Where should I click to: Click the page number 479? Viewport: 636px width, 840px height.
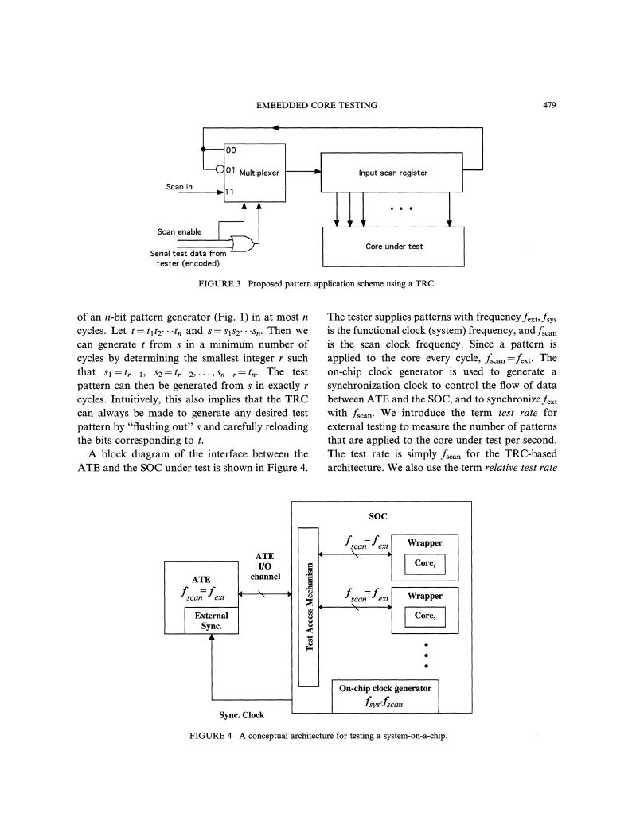[x=549, y=105]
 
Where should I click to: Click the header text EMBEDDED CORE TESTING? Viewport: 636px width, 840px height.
[x=316, y=105]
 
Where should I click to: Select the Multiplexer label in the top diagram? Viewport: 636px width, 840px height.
[x=259, y=173]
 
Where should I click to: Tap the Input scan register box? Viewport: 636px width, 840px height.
[x=392, y=173]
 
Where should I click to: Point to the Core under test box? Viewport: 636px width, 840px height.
[x=393, y=247]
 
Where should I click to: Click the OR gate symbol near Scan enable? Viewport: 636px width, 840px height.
[x=241, y=243]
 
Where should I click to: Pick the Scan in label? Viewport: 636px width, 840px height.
[x=179, y=186]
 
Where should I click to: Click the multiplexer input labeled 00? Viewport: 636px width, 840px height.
[x=231, y=150]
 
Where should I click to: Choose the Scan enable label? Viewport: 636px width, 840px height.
[x=180, y=232]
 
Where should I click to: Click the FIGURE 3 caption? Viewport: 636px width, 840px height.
[x=317, y=284]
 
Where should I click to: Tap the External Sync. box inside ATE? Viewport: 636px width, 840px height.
[x=211, y=621]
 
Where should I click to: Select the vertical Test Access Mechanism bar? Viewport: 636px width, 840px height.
[x=308, y=607]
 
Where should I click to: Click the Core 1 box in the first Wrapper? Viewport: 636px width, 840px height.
[x=425, y=563]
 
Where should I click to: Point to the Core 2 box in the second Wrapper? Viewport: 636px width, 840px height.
[x=425, y=616]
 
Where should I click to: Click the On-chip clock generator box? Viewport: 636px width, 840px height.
[x=385, y=696]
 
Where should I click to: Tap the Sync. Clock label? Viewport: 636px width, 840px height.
[x=241, y=715]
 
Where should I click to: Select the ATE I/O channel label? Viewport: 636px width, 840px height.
[x=265, y=566]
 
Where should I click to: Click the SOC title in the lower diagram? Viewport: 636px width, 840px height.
[x=377, y=516]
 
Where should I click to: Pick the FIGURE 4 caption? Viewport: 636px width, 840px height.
[x=318, y=736]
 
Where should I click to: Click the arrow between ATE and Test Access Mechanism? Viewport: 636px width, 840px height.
[x=265, y=593]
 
